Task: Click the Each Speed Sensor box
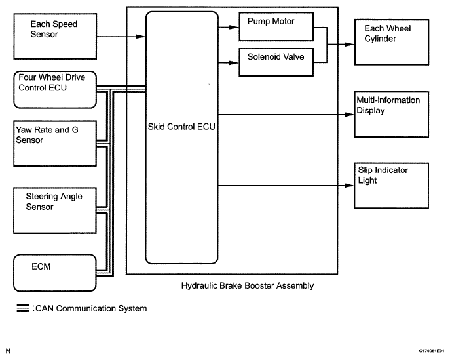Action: point(54,38)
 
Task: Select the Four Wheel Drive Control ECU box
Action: point(54,89)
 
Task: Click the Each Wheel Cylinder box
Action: point(390,41)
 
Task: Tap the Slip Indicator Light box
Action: point(390,184)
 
